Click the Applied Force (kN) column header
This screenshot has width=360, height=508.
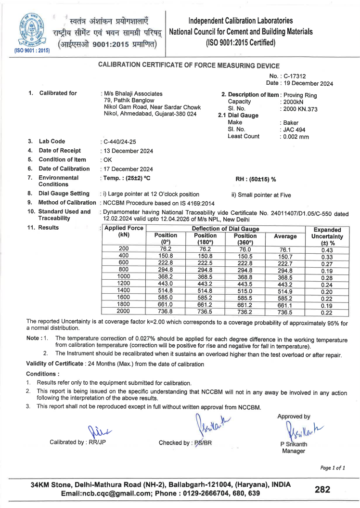pyautogui.click(x=124, y=232)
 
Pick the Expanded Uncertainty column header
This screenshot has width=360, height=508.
pyautogui.click(x=327, y=237)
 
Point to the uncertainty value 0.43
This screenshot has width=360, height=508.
pyautogui.click(x=327, y=250)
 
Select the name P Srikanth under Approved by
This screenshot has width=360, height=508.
pyautogui.click(x=294, y=443)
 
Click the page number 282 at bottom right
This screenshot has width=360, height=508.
pyautogui.click(x=322, y=490)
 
